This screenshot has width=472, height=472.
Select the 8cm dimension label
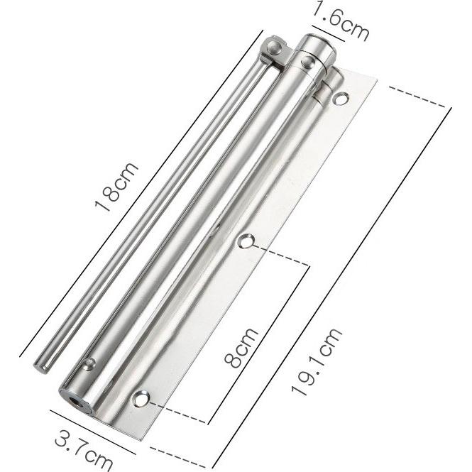pos(241,347)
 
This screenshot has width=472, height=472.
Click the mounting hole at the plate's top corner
pos(341,99)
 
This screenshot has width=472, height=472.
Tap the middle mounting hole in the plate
pos(246,241)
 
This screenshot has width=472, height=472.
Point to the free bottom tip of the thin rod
pos(41,366)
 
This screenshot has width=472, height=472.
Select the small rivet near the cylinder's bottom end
pos(89,363)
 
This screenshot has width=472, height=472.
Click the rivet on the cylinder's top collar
pos(307,63)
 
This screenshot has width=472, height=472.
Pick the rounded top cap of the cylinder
pos(316,43)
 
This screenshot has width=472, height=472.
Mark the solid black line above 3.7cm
pos(92,432)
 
